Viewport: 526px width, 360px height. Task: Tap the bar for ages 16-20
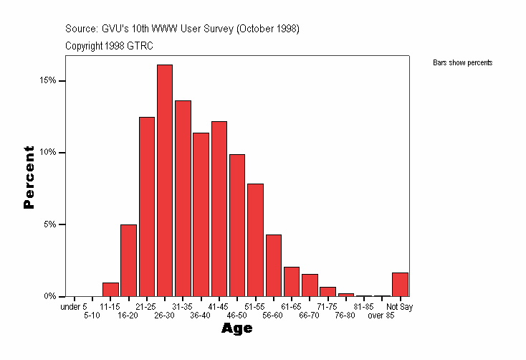tap(128, 260)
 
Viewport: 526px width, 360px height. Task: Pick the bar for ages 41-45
tap(219, 209)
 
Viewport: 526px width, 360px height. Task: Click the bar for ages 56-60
tap(273, 265)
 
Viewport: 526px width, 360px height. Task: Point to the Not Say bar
tap(400, 285)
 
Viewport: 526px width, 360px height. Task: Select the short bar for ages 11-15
tap(110, 290)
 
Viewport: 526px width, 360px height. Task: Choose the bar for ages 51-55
tap(255, 240)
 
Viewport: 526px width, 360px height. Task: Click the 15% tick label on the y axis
tap(47, 81)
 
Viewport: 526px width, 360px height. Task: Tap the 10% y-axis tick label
tap(47, 153)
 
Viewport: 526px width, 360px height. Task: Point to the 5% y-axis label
tap(49, 224)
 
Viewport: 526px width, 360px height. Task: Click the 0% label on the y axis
tap(49, 296)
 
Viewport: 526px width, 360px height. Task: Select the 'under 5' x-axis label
tap(74, 307)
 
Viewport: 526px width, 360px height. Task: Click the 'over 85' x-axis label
tap(381, 316)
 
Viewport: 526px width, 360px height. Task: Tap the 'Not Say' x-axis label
tap(400, 307)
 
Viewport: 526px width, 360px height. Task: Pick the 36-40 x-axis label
tap(200, 316)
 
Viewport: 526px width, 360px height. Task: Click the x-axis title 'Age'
tap(236, 328)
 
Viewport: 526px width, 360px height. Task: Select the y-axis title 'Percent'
tap(29, 177)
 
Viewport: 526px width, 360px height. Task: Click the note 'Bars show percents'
tap(462, 63)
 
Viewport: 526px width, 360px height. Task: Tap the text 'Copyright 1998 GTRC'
tap(109, 46)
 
